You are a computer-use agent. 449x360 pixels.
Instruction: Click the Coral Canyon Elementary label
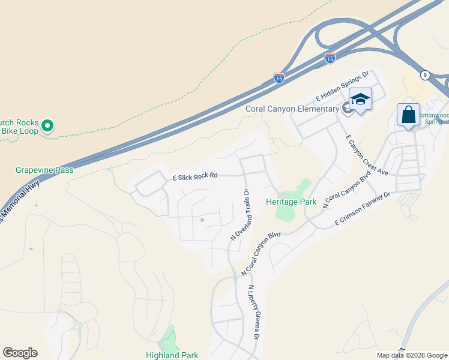292,109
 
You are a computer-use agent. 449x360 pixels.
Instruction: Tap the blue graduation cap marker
360,99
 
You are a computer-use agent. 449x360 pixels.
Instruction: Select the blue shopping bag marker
408,114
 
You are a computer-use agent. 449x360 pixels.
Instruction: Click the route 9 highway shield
425,75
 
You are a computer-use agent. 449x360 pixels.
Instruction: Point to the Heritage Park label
292,202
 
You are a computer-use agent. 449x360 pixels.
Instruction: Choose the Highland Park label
172,355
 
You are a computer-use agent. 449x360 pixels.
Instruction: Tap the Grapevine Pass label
44,170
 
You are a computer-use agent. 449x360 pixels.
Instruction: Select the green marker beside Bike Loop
48,126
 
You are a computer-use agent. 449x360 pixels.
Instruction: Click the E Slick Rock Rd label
194,177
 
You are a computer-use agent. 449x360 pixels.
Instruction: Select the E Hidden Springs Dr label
342,88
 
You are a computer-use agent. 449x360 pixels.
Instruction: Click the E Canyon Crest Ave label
367,155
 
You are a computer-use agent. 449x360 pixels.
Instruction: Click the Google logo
20,353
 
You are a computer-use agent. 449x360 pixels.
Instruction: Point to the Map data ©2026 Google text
412,355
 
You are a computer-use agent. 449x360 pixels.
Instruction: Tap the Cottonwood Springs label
433,118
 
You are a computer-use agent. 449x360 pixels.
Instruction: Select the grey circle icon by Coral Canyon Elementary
347,108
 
